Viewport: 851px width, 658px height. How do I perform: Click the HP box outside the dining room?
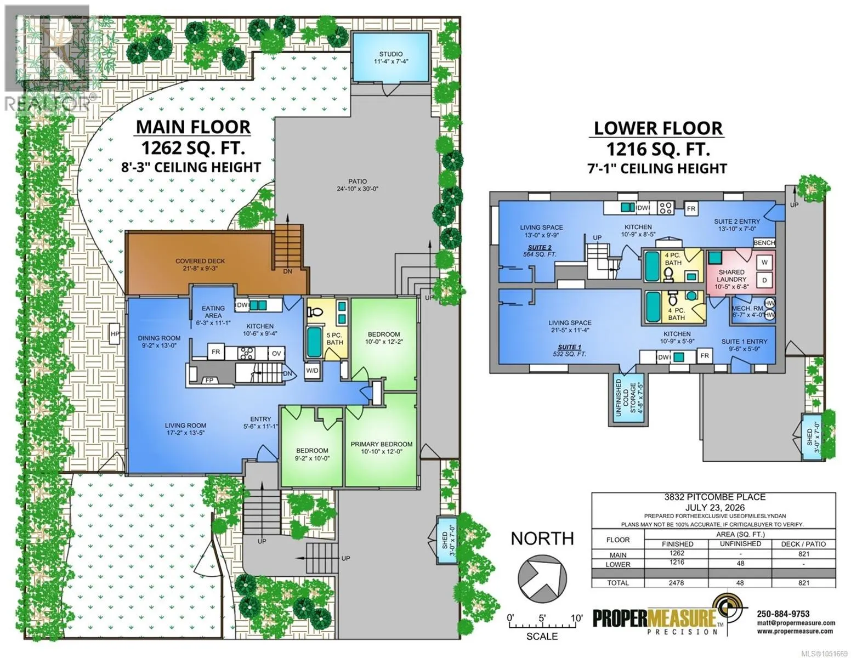[x=115, y=333]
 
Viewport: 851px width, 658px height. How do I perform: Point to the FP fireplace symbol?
[x=209, y=380]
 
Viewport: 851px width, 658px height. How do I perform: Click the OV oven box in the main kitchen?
[x=276, y=354]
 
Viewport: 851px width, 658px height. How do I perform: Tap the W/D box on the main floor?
[x=312, y=371]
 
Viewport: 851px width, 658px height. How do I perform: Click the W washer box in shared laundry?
[x=764, y=263]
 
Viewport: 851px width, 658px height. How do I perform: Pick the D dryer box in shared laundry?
[x=764, y=280]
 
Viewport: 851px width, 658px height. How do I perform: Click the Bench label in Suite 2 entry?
[x=764, y=243]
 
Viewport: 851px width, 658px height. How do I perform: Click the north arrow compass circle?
[x=542, y=578]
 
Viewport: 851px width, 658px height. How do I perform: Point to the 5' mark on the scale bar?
[x=542, y=619]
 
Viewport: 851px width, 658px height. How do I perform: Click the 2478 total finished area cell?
[x=676, y=583]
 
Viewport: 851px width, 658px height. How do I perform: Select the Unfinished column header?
[x=740, y=544]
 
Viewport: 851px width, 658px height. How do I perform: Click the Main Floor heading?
[x=193, y=127]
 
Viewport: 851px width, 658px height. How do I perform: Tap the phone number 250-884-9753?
[x=783, y=614]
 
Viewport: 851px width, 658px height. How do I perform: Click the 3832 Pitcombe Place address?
[x=714, y=497]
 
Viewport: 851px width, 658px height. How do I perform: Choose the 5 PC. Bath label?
[x=335, y=338]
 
